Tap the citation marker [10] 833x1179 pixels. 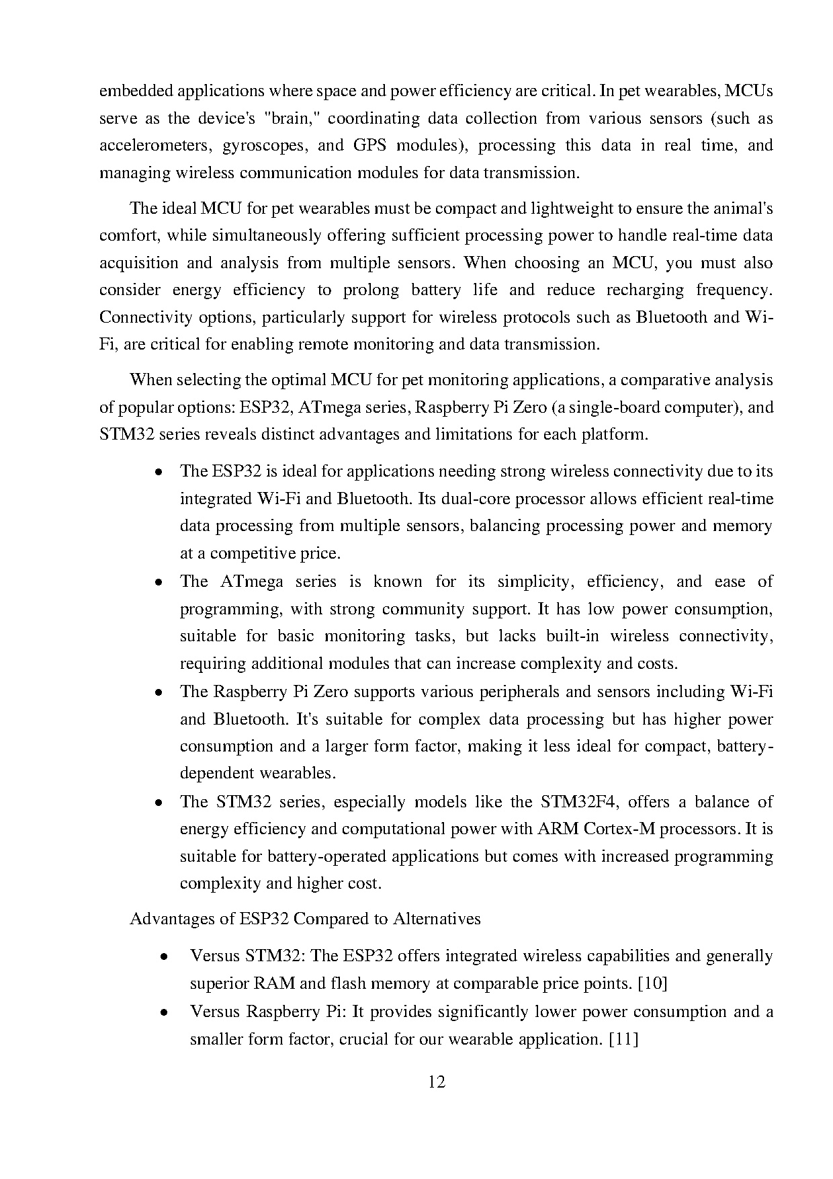pyautogui.click(x=652, y=983)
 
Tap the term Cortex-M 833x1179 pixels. pyautogui.click(x=619, y=829)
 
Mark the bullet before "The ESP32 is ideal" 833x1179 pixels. pyautogui.click(x=157, y=472)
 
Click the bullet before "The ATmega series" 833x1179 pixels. pyautogui.click(x=157, y=582)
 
